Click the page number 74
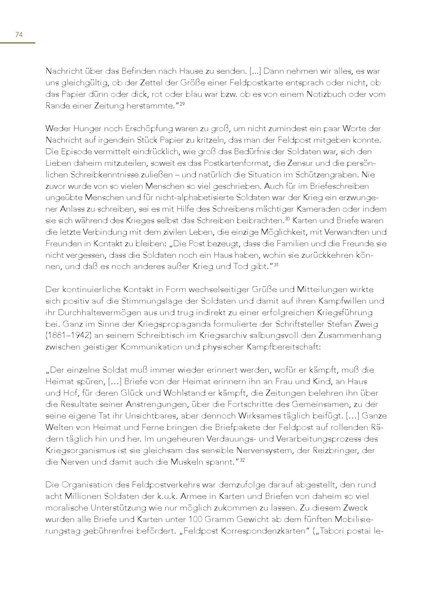[x=18, y=35]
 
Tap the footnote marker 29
[x=182, y=104]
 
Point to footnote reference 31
[x=276, y=265]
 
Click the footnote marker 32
[x=242, y=460]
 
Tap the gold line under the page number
[x=17, y=43]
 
